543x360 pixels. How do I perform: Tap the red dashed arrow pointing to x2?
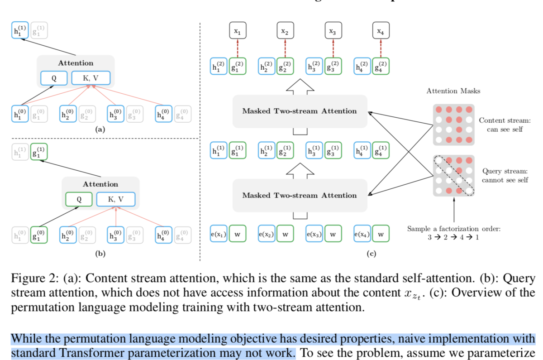(x=285, y=48)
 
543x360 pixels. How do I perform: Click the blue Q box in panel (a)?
(x=54, y=78)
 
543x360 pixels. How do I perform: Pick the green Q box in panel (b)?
(x=79, y=199)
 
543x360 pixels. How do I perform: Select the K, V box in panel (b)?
(x=115, y=199)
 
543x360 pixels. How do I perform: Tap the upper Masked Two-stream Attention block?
(x=299, y=111)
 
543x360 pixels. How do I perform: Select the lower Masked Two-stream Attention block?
(x=299, y=195)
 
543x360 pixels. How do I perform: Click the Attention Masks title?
(x=453, y=91)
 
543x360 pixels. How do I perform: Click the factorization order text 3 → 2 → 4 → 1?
(x=453, y=237)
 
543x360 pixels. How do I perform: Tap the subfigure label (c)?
(x=372, y=254)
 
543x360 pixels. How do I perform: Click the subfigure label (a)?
(x=100, y=130)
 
